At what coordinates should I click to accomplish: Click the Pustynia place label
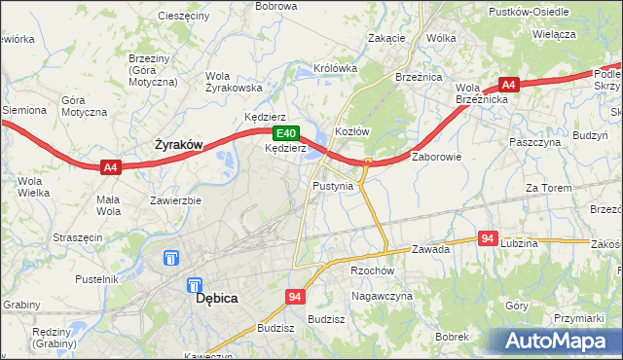pos(333,185)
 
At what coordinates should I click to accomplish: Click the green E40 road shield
pos(284,133)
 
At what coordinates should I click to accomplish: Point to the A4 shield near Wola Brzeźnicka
pos(508,85)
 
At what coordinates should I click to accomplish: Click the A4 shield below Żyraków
pos(111,167)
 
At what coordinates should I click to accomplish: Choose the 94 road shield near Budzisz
pos(293,295)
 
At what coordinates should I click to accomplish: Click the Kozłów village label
pos(352,131)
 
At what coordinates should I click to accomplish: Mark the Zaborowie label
pos(436,156)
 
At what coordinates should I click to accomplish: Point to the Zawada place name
pos(430,249)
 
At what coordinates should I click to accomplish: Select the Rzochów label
pos(370,271)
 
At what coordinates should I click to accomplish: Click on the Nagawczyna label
pos(383,296)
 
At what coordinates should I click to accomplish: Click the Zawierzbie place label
pos(175,201)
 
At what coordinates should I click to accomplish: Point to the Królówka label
pos(336,69)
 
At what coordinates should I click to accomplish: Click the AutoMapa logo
pos(558,341)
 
